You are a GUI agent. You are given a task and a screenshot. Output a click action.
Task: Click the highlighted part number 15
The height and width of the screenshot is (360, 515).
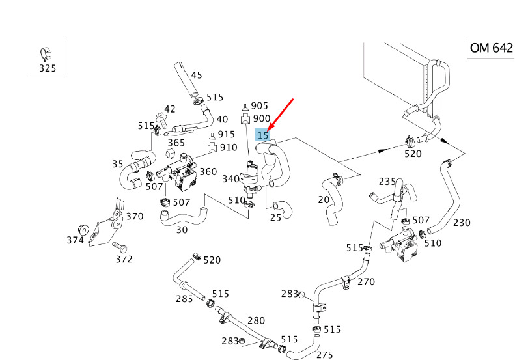(263, 135)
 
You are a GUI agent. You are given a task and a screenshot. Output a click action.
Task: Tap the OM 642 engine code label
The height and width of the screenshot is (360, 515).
(492, 48)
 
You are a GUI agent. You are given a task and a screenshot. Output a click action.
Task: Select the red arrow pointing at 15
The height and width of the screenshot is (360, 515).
(281, 114)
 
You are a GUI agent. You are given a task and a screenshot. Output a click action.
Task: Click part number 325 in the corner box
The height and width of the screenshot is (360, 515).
(48, 68)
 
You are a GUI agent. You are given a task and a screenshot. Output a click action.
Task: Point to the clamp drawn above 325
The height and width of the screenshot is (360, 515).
(46, 54)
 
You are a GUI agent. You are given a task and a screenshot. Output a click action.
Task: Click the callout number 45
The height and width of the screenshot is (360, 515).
(197, 76)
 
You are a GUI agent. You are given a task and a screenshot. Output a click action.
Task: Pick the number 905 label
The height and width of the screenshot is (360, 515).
(260, 105)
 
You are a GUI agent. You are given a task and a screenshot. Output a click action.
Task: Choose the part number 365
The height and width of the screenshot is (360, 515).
(176, 143)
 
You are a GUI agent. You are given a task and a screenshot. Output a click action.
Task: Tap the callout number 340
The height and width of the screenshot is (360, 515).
(230, 178)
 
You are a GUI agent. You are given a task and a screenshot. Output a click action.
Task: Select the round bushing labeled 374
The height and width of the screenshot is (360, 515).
(84, 230)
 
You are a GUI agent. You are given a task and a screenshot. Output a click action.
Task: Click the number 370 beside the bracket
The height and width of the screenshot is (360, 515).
(135, 216)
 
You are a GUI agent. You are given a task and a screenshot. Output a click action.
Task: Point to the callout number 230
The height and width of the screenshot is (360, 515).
(462, 223)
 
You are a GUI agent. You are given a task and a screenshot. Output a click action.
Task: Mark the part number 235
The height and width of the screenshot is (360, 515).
(387, 182)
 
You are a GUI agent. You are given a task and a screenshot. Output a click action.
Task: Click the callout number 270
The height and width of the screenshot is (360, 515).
(366, 282)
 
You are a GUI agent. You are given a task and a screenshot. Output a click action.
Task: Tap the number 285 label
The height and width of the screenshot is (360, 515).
(184, 299)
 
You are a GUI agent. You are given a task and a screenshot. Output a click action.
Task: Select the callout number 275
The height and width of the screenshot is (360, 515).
(325, 355)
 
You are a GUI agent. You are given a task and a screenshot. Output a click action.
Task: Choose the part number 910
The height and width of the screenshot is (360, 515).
(229, 147)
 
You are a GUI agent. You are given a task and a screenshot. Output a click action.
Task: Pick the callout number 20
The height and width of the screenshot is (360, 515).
(324, 199)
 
